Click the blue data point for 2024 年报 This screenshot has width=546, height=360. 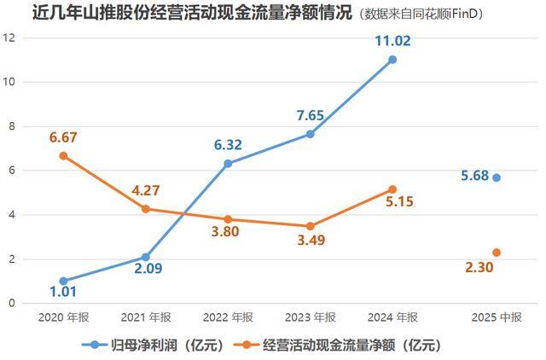pyautogui.click(x=392, y=60)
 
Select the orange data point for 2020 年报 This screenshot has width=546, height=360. pyautogui.click(x=63, y=155)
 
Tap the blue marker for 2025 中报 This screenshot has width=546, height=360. pyautogui.click(x=497, y=177)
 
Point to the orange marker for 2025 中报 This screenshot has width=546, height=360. pyautogui.click(x=497, y=253)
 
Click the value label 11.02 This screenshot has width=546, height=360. pyautogui.click(x=392, y=39)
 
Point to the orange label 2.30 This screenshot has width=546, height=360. pyautogui.click(x=479, y=268)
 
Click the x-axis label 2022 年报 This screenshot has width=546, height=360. pyautogui.click(x=228, y=317)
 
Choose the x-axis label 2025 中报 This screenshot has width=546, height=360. pyautogui.click(x=497, y=317)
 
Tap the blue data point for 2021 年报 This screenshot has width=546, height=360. pyautogui.click(x=146, y=257)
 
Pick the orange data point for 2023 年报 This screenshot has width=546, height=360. pyautogui.click(x=311, y=226)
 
